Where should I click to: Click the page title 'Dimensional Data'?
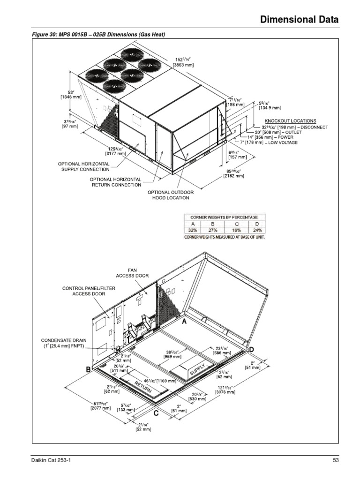pos(299,20)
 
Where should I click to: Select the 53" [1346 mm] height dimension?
pos(71,94)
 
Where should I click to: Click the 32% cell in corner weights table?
pos(193,231)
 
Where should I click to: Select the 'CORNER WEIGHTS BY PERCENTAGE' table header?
pos(224,217)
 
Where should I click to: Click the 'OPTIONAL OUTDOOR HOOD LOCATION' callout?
pos(170,195)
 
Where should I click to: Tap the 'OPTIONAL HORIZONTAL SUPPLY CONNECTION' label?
pos(84,166)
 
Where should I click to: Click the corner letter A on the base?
pos(184,322)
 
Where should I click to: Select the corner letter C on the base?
pos(155,413)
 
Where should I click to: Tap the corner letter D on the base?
pos(252,350)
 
